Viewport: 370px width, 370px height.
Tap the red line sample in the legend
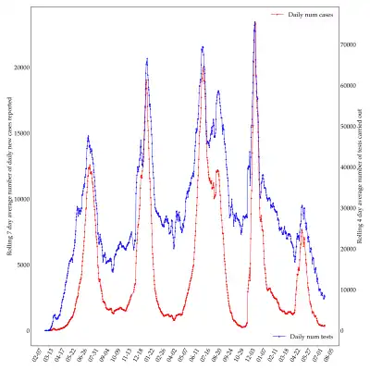[276, 15]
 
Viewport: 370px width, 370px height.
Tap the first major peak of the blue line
[89, 137]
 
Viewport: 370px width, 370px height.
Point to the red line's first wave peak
[90, 166]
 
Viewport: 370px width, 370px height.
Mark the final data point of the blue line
[325, 296]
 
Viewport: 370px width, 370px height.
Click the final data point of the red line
[325, 326]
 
